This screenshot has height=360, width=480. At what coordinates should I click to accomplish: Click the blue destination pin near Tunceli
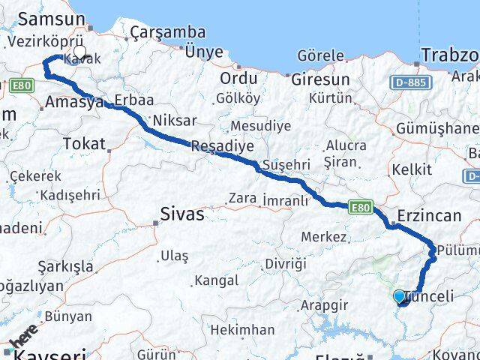pos(399,298)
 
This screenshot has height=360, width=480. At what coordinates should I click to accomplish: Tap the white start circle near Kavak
pos(79,52)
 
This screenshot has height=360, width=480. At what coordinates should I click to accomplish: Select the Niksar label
pos(174,120)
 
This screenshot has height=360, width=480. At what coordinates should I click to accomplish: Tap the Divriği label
pos(285,265)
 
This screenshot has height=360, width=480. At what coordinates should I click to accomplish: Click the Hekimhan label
pos(241,329)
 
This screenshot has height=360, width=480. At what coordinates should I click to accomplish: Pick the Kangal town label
pos(216,280)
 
